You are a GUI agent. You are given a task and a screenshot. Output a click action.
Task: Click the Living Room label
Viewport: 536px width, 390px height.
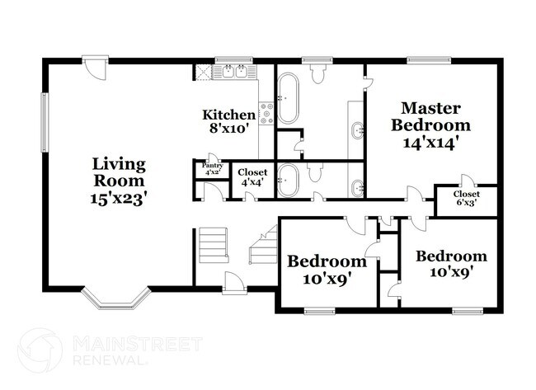[x=119, y=171]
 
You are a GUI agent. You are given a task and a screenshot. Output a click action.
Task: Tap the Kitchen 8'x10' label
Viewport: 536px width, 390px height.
[x=228, y=121]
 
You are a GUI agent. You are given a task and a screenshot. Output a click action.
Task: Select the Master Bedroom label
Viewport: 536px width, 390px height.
[x=430, y=116]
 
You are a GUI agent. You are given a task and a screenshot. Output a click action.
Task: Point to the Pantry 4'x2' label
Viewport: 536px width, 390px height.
[x=212, y=169]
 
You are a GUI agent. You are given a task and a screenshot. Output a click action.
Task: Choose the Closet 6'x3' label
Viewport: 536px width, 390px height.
[x=464, y=197]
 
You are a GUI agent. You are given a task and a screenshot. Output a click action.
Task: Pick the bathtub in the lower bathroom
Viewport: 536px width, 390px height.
[x=288, y=179]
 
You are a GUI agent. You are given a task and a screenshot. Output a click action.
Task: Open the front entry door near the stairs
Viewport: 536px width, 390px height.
[x=234, y=282]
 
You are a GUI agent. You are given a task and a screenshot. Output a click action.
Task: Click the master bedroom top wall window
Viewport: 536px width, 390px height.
[x=425, y=59]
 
